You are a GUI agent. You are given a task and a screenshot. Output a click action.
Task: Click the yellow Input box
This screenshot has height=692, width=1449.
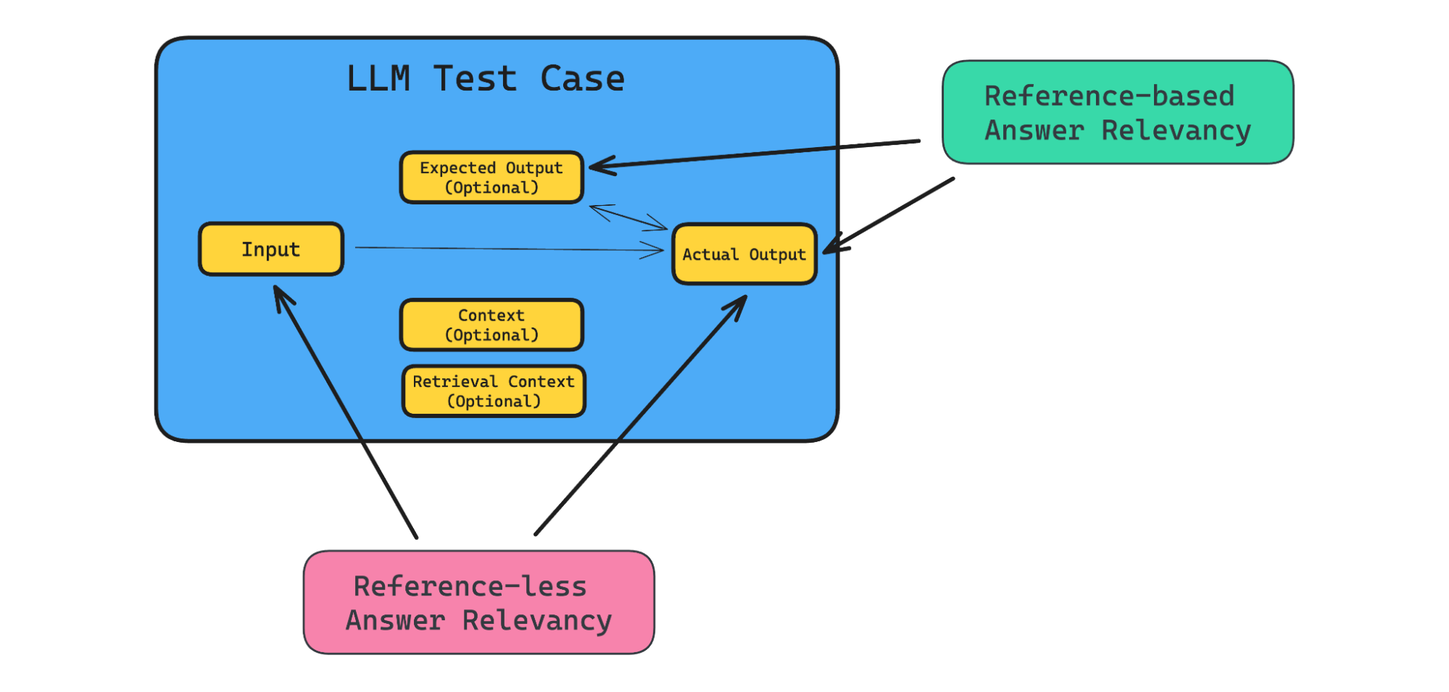coord(270,249)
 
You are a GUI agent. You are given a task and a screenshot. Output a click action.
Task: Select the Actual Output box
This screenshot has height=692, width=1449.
coord(744,254)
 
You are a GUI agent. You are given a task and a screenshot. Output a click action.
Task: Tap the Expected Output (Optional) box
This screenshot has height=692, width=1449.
coord(491,178)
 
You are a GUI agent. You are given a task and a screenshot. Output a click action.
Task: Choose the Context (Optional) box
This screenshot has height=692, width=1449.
coord(491,325)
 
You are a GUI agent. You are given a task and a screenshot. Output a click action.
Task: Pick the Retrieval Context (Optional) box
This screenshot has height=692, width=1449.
coord(493,391)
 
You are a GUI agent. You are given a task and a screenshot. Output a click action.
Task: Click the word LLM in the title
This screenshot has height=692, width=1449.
coord(378,79)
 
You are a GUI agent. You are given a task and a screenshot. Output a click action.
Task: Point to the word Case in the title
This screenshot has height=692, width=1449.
coord(582,79)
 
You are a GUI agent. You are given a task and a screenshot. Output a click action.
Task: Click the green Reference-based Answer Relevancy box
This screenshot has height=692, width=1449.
coord(1117,112)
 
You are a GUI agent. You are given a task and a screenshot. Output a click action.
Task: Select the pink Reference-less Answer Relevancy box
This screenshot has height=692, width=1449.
coord(478,603)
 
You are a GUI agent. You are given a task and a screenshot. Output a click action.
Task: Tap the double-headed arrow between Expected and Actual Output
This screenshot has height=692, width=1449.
coord(628,217)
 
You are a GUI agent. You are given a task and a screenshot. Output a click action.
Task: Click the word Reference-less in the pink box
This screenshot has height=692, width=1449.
coord(470,586)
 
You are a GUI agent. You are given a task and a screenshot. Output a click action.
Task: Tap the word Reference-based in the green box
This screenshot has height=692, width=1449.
coord(1109,96)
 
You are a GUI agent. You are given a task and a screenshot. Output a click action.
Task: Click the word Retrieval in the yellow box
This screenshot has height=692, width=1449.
coord(455,382)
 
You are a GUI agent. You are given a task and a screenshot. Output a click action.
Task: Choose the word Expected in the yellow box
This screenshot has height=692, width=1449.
coord(457,168)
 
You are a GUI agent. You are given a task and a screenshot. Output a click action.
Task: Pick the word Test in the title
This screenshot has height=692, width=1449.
coord(476,79)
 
